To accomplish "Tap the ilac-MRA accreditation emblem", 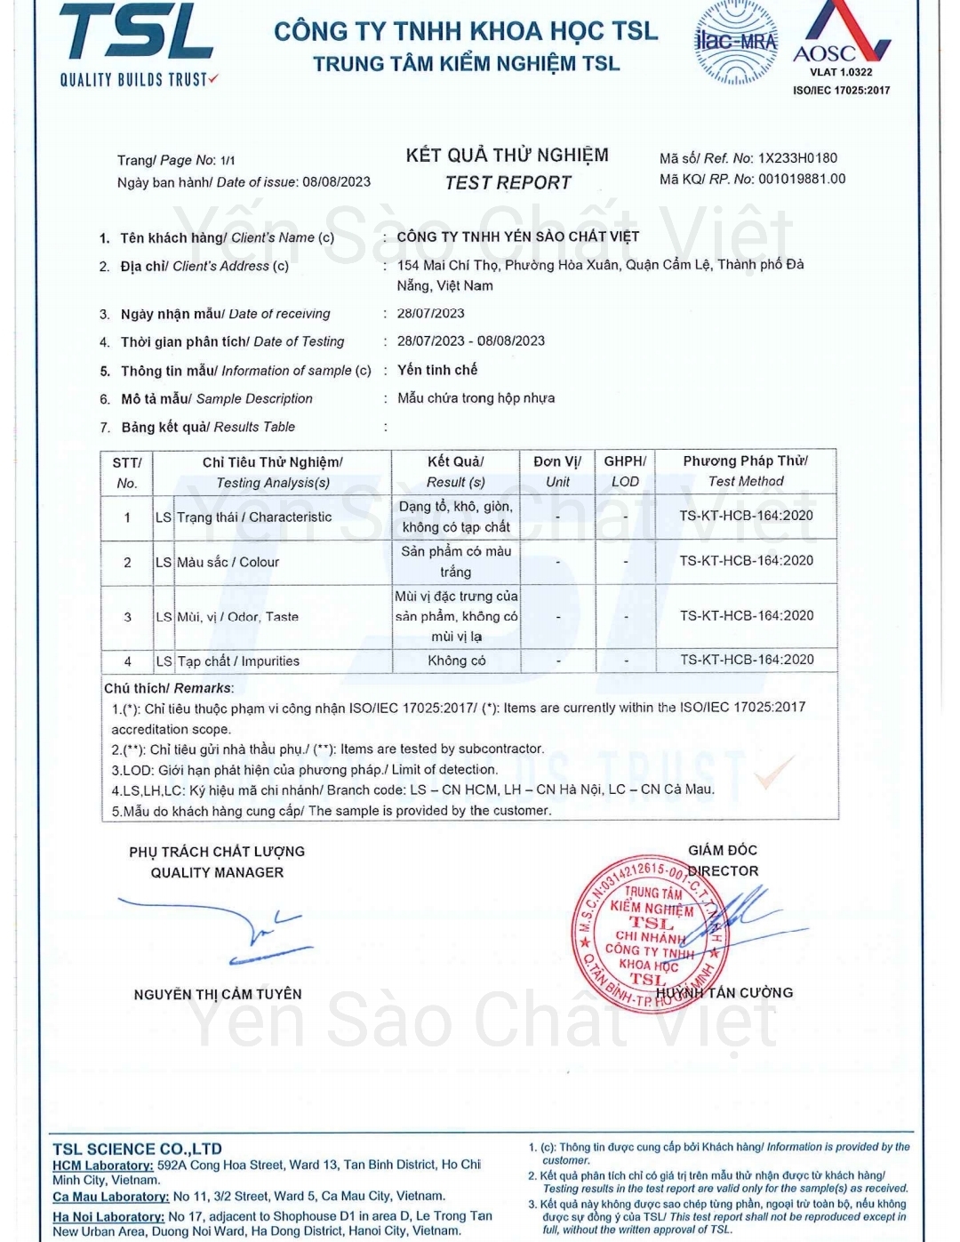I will [735, 42].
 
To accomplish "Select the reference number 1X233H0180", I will [797, 158].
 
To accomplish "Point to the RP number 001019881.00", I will [802, 180].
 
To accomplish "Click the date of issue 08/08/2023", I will [336, 182].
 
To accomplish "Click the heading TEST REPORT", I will [508, 183].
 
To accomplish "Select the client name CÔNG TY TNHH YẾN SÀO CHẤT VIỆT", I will [518, 236].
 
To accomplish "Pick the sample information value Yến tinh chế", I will [437, 370].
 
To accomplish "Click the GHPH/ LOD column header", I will [625, 471].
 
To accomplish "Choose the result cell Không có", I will [456, 661].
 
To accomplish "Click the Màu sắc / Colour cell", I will [228, 562].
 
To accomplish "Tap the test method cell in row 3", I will [746, 615].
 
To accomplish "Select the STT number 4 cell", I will [127, 661].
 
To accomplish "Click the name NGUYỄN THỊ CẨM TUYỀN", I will [218, 994].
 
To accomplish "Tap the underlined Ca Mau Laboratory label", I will [110, 1197].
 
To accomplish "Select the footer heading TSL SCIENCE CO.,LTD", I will [137, 1149].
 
